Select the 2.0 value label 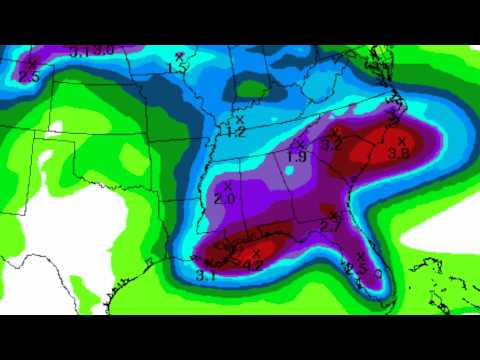(x=224, y=199)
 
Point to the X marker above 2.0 (x=228, y=186)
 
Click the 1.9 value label (x=296, y=157)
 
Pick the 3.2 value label (x=332, y=145)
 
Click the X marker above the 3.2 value (x=335, y=132)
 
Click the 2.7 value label (x=331, y=229)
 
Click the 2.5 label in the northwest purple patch (x=28, y=76)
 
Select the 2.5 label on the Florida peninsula (x=357, y=270)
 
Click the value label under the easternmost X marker (x=398, y=153)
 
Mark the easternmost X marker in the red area (x=401, y=141)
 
